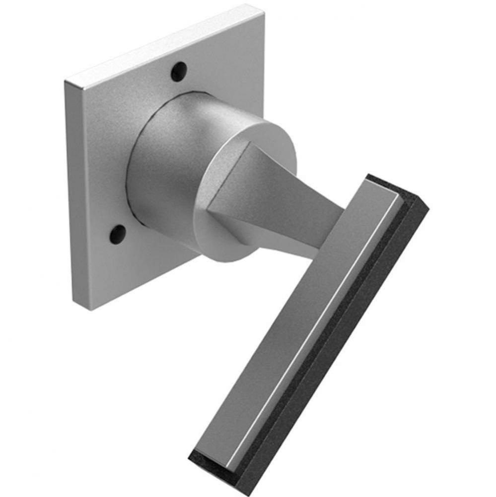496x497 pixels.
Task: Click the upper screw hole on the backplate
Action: coord(179,72)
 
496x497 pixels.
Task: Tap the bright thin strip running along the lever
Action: coord(318,328)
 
